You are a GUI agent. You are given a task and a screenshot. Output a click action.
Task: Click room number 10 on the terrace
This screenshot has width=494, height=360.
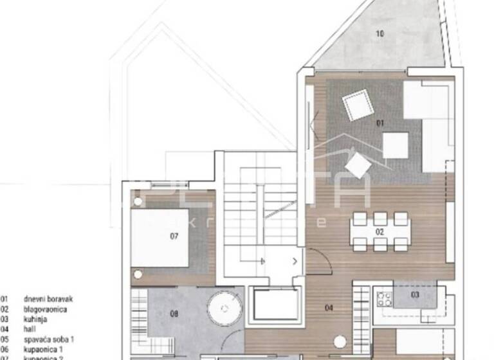click(380, 33)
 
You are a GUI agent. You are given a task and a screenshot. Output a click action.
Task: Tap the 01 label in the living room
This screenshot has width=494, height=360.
click(380, 122)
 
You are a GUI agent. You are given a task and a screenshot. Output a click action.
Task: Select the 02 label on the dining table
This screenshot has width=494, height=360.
click(380, 231)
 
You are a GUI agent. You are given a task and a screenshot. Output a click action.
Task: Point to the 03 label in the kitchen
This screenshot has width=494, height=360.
click(415, 294)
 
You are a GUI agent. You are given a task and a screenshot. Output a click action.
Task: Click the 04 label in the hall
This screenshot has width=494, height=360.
click(329, 308)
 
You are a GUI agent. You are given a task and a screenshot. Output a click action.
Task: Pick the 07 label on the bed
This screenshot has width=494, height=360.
click(174, 236)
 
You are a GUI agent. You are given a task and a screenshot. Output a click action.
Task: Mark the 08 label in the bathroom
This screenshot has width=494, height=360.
click(174, 314)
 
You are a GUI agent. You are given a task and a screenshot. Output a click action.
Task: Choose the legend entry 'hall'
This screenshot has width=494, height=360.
click(29, 328)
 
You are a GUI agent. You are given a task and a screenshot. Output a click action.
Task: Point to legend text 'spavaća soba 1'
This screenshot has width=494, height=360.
click(49, 339)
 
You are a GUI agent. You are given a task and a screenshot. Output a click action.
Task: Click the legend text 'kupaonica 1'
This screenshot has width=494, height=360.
click(42, 348)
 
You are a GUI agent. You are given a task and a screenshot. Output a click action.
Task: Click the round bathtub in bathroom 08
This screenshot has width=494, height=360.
click(224, 309)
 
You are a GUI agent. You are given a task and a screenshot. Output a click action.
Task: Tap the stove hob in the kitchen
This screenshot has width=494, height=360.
click(384, 298)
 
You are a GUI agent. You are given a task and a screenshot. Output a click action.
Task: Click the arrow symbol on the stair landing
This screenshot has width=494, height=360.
click(295, 261)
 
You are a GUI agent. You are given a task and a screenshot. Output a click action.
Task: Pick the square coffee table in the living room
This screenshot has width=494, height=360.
click(395, 145)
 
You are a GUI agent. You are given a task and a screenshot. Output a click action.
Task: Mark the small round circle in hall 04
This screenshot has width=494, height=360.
click(340, 342)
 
